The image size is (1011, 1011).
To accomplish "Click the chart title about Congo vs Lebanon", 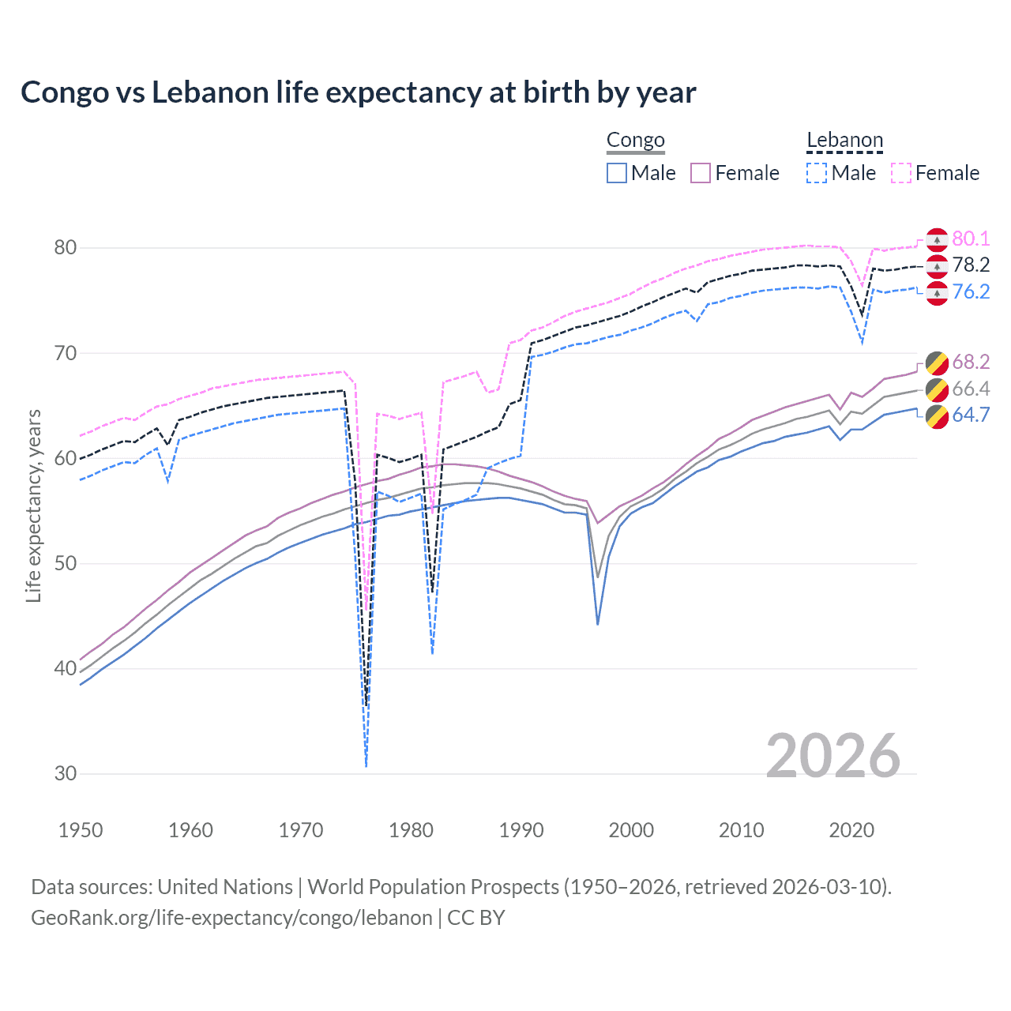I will (x=358, y=92).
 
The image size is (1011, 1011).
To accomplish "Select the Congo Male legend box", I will (x=617, y=173).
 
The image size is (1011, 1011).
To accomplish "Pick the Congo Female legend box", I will (x=701, y=173).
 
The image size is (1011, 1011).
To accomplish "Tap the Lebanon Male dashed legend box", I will (x=817, y=173).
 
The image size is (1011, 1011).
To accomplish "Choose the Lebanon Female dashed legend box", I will (x=901, y=173).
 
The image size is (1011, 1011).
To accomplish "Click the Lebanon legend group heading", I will (x=844, y=141).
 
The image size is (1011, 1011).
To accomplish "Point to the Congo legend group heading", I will (x=636, y=141).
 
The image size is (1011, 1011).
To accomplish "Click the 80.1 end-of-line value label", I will (x=971, y=239).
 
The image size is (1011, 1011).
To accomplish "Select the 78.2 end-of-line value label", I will (x=971, y=265).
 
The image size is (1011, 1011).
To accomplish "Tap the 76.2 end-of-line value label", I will (x=971, y=292).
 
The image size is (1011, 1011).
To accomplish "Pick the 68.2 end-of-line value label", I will (x=971, y=363).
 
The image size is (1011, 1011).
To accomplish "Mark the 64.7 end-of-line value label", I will (x=971, y=415).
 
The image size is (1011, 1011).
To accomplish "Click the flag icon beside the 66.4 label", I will (x=937, y=389).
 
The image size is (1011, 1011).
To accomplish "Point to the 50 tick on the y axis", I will (x=66, y=563).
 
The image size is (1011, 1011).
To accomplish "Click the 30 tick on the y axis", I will (x=66, y=773).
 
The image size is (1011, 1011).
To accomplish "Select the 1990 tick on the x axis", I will (x=521, y=830).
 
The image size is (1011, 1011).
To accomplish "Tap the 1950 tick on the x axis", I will (x=81, y=830).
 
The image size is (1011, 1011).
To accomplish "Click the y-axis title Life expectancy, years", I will (x=34, y=505).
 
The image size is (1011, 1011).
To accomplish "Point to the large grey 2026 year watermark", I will (x=832, y=756).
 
